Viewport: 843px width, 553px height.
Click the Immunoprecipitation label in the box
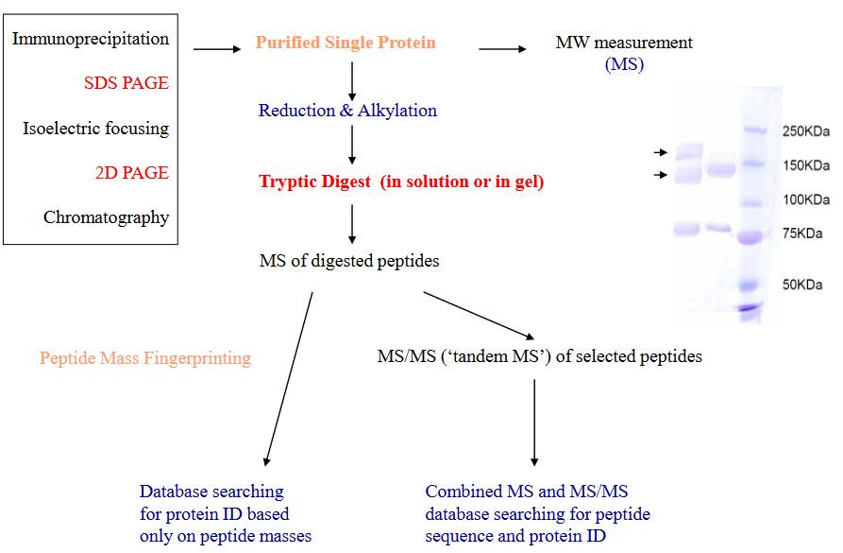click(91, 39)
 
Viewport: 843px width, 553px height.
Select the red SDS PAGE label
click(126, 83)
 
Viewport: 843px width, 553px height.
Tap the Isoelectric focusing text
click(95, 129)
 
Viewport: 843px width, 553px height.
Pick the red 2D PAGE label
click(131, 173)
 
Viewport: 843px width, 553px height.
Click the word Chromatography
click(106, 217)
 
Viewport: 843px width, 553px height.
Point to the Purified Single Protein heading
click(346, 43)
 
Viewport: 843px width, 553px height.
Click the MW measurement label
click(624, 43)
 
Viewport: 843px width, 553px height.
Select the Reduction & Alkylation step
click(347, 111)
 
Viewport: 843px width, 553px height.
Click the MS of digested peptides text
click(349, 261)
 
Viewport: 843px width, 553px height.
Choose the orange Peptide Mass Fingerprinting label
click(145, 358)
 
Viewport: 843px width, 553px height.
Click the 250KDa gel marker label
click(805, 132)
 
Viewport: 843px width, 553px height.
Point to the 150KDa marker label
click(805, 166)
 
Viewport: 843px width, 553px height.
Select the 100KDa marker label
click(805, 200)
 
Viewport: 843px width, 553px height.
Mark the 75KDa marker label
click(801, 233)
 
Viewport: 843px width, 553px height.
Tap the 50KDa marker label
click(801, 285)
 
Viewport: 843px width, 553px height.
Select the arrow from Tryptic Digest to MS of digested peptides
click(352, 224)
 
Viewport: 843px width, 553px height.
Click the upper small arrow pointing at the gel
click(659, 151)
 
